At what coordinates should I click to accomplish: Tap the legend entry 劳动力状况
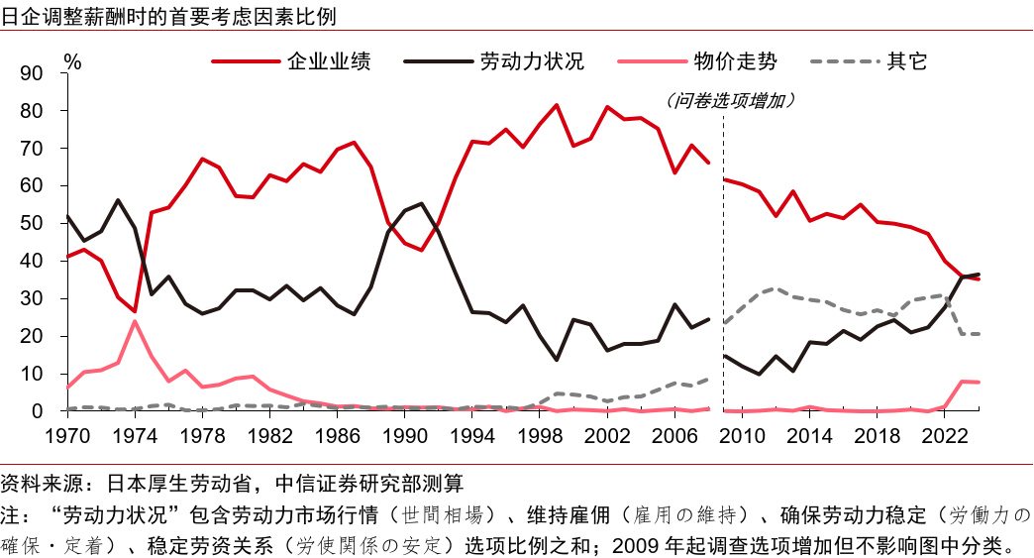tap(532, 61)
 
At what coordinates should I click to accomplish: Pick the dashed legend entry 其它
tap(907, 61)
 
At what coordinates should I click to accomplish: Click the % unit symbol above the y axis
tap(72, 60)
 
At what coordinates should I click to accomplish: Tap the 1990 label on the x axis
tap(406, 435)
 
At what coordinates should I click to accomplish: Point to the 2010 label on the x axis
tap(743, 435)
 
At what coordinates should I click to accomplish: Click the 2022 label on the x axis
tap(945, 435)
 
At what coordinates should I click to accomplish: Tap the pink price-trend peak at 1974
tap(135, 321)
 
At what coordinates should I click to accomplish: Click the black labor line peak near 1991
tap(422, 204)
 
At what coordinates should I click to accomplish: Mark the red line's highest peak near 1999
tap(557, 105)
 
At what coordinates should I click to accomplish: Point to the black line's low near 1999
tap(557, 359)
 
